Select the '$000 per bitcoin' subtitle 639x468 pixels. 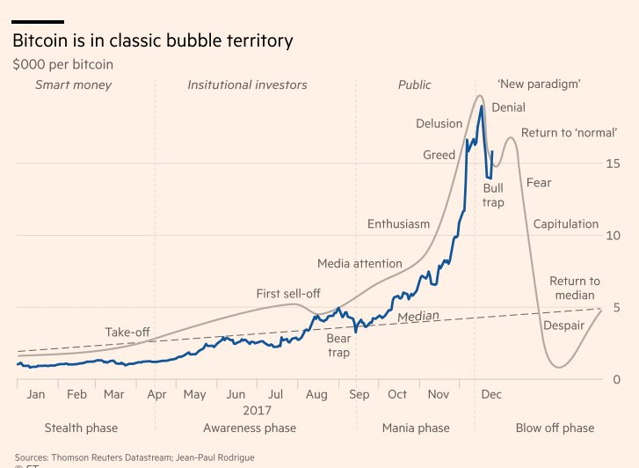coord(62,64)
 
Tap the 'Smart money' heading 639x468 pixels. coord(73,85)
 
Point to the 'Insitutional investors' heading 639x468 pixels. coord(247,85)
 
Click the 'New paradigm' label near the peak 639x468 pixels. coord(539,84)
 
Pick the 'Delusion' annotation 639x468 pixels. coord(439,124)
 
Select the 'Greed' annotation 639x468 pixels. coord(439,155)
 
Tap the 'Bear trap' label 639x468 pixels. coord(338,345)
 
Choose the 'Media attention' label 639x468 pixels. coord(359,263)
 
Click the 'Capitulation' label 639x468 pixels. coord(565,224)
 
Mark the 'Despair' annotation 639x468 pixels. coord(563,325)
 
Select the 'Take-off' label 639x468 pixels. coord(127,332)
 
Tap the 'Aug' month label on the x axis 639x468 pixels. coord(316,395)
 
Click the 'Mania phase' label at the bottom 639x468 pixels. coord(416,428)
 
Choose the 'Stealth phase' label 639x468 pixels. coord(81,428)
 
